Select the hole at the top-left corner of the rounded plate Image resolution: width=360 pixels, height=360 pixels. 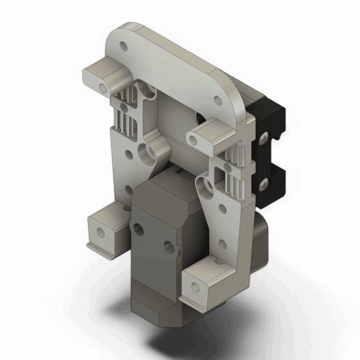click(122, 45)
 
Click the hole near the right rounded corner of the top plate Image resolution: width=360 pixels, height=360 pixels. click(218, 100)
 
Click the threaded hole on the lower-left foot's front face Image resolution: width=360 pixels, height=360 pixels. click(99, 233)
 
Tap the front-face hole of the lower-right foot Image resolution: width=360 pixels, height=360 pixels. click(194, 285)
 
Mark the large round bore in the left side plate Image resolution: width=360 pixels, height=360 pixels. click(146, 154)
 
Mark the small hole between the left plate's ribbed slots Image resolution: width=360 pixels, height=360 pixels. click(122, 107)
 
